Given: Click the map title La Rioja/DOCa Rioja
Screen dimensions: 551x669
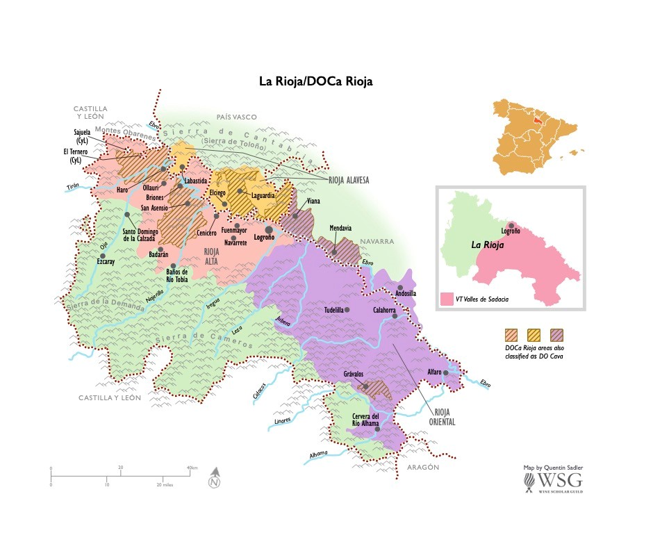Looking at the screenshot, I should (x=316, y=81).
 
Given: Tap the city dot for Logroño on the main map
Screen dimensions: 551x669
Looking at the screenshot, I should (x=268, y=229).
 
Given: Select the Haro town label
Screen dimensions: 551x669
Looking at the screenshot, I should (x=122, y=190).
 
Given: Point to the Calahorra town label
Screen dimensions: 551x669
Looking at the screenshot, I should (x=384, y=310).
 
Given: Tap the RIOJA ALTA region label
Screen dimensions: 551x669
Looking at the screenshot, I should (x=212, y=257).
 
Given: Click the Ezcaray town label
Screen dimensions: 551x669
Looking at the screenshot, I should (x=106, y=263).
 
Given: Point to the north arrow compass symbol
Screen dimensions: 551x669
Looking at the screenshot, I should (x=215, y=479).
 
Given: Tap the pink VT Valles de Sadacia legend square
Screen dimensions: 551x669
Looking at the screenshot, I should (x=447, y=299).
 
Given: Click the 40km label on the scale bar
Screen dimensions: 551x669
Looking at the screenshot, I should (x=192, y=468).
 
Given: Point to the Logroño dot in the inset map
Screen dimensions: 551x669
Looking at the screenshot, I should (x=511, y=225).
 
